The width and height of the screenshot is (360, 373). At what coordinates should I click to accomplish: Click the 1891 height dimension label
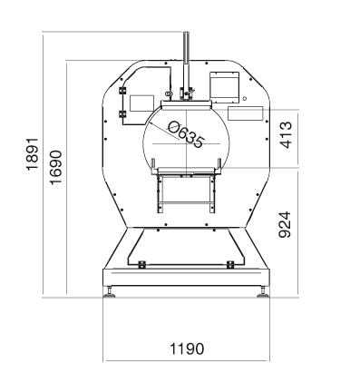[33, 154]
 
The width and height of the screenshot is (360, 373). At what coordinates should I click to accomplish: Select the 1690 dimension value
[55, 167]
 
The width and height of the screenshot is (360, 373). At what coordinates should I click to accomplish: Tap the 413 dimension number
[287, 134]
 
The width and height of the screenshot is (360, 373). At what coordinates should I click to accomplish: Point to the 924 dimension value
[285, 224]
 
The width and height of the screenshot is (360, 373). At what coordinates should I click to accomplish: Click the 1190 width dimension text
[187, 348]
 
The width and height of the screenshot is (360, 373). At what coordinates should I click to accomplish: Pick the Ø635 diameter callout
[185, 134]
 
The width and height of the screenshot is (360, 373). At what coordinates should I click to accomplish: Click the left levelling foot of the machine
[110, 292]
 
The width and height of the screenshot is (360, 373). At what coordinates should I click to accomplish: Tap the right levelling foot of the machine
[263, 292]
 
